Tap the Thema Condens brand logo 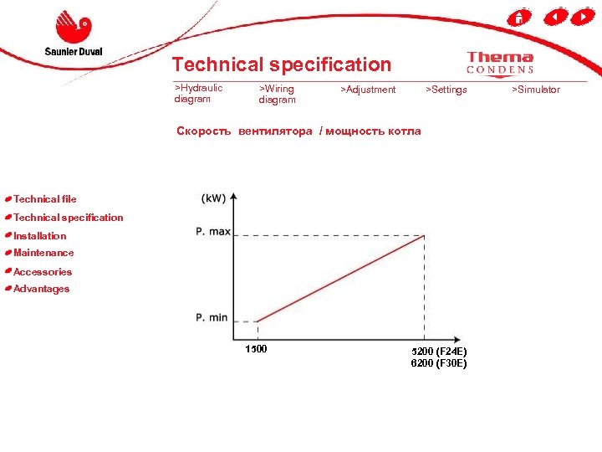[500, 63]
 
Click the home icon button [519, 17]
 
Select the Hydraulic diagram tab [198, 93]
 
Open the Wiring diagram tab [277, 94]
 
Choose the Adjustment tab [369, 90]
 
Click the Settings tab [446, 90]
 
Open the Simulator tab [536, 90]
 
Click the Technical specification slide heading [281, 64]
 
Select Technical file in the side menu [44, 199]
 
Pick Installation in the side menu [39, 236]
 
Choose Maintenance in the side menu [43, 253]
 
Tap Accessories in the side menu [43, 272]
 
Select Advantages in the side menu [41, 289]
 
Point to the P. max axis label [213, 231]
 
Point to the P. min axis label [212, 317]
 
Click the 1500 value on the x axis [256, 349]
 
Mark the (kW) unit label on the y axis [213, 198]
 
